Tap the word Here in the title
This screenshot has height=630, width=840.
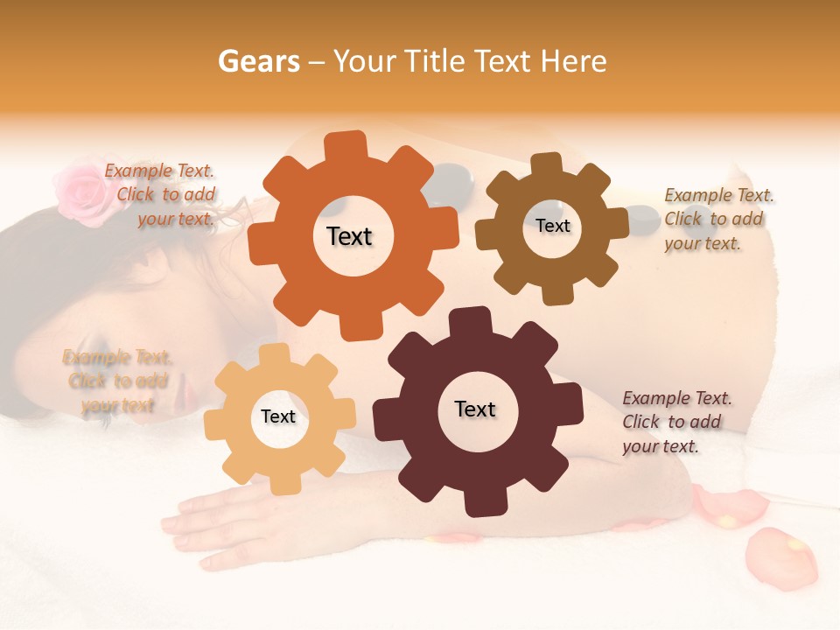point(574,61)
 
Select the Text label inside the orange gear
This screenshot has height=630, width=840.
point(349,236)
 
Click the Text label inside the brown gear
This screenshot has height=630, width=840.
point(552,226)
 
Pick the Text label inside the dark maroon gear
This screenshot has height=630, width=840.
point(475,409)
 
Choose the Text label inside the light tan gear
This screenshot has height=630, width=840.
point(278,416)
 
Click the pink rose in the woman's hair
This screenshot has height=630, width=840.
point(81,185)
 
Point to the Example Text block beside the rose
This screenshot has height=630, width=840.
point(163,195)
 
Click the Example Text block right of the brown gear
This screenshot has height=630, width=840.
point(717,219)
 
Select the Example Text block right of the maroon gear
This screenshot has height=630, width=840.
point(676,422)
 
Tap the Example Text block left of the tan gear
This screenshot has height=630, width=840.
point(116,381)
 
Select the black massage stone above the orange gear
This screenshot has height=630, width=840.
point(451,178)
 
